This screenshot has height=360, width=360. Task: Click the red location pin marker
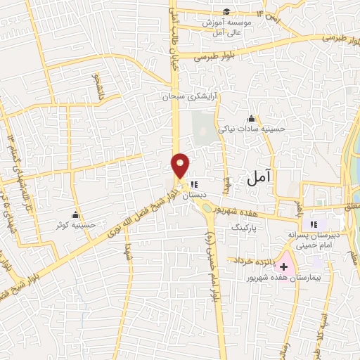pyautogui.click(x=181, y=165)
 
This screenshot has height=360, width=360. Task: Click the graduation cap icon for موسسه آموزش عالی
pyautogui.click(x=226, y=11)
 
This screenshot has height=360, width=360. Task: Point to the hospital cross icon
pyautogui.click(x=283, y=266)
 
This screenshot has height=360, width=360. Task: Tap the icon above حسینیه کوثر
pyautogui.click(x=76, y=214)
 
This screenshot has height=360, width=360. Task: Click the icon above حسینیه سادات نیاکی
pyautogui.click(x=251, y=118)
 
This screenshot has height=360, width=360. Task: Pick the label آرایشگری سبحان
pyautogui.click(x=188, y=95)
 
